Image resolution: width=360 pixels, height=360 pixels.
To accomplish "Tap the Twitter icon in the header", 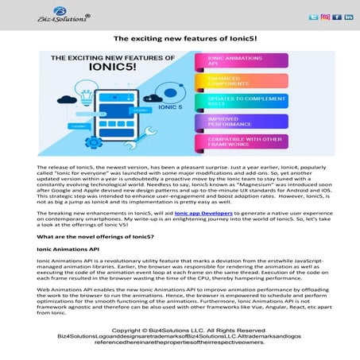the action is [313, 17].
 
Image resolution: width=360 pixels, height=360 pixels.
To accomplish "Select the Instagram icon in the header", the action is [325, 17].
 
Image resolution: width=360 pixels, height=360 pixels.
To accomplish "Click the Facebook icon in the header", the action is [337, 17].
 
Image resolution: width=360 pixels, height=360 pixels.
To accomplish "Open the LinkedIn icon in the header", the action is [349, 17].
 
